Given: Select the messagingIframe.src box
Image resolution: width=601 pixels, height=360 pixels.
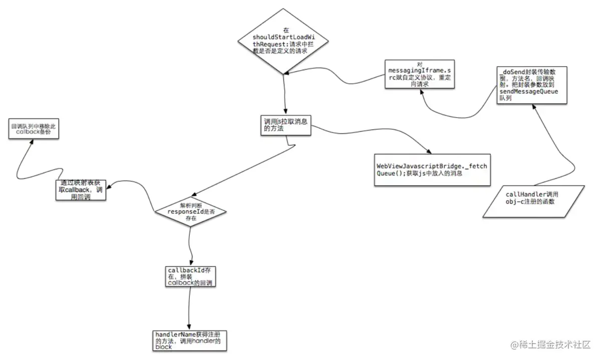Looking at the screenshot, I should pos(420,74).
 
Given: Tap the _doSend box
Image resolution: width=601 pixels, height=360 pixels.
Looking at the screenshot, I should pos(532,84).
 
